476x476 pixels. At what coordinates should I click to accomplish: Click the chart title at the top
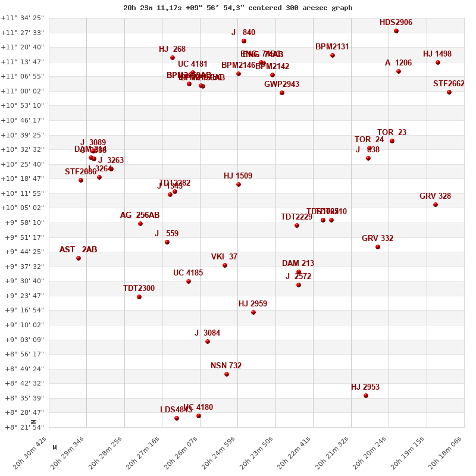click(237, 8)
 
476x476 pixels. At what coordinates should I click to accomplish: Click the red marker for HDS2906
click(396, 31)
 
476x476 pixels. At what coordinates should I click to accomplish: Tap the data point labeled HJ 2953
click(366, 396)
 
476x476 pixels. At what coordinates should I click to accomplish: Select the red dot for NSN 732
click(227, 374)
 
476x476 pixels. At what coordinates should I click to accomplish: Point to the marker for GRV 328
click(436, 205)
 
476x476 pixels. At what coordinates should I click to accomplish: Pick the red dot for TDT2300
click(139, 297)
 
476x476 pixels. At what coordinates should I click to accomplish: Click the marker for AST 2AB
click(79, 258)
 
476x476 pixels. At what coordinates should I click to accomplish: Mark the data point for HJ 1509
click(239, 184)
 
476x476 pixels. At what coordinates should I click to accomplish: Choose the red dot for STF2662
click(449, 92)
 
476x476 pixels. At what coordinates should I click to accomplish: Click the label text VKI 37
click(224, 257)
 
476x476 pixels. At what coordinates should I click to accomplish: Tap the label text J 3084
click(207, 333)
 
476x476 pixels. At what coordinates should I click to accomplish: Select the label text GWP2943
click(282, 84)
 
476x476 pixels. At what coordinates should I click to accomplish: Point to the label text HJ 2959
click(253, 304)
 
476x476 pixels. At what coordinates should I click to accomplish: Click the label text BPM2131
click(332, 47)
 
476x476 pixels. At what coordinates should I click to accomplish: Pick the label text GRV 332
click(377, 239)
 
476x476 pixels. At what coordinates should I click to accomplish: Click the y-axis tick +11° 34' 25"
click(23, 18)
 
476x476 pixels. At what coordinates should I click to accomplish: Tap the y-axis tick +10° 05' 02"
click(23, 208)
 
